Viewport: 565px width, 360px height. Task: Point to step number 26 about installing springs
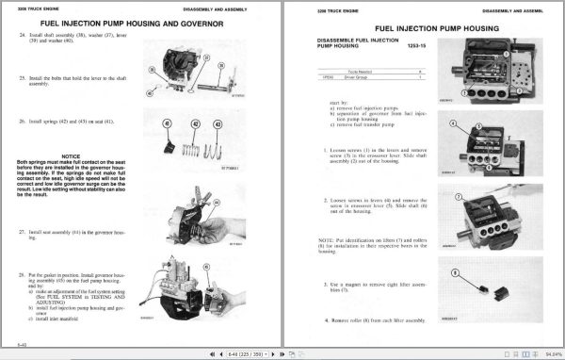[22, 123]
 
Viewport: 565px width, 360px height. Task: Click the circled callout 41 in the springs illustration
[167, 123]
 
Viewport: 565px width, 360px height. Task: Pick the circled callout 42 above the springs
[196, 123]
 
